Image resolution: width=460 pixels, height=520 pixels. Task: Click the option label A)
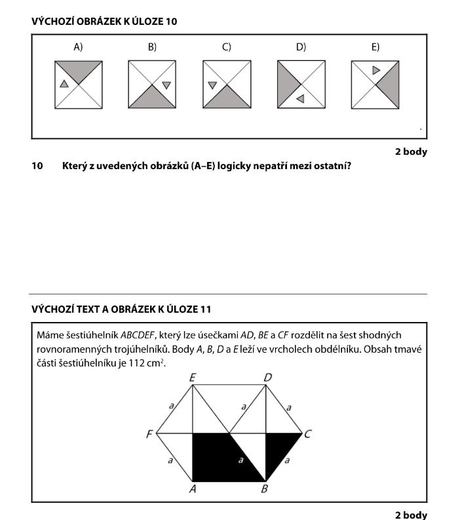[79, 47]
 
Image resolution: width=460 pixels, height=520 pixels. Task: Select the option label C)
[227, 47]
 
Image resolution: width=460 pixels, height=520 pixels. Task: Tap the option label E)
[375, 47]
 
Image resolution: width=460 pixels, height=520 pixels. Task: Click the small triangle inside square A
[64, 83]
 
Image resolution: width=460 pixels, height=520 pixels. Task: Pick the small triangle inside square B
[166, 85]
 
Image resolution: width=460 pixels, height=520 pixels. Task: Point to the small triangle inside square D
[300, 98]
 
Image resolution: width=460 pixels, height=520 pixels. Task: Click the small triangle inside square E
[375, 70]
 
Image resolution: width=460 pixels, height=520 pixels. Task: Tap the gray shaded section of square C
[227, 99]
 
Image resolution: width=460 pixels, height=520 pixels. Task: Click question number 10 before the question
[37, 166]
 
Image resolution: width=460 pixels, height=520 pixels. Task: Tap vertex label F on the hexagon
[149, 434]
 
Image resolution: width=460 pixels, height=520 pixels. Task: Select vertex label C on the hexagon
[308, 434]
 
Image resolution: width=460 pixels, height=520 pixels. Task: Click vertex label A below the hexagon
[193, 489]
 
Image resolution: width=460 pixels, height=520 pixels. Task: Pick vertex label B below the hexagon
[265, 489]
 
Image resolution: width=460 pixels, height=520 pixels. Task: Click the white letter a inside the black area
[240, 460]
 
